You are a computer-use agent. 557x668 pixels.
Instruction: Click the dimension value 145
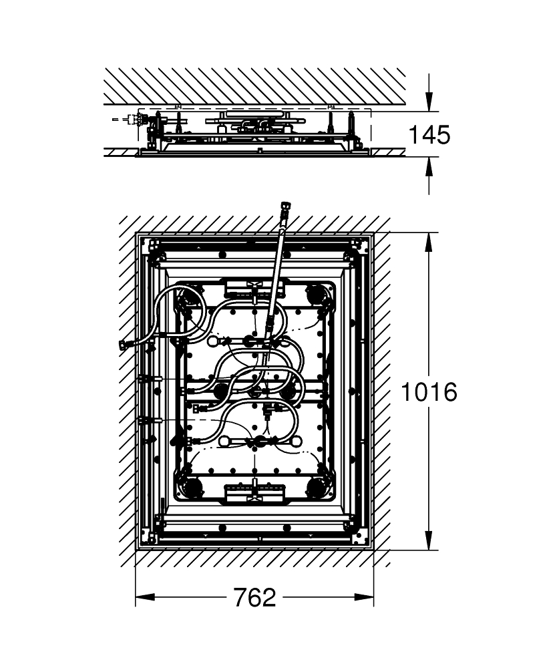coord(429,135)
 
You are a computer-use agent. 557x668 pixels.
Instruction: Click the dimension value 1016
coord(428,391)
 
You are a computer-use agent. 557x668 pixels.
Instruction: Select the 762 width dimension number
coord(254,597)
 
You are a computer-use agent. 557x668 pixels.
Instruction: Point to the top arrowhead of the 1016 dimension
coord(428,241)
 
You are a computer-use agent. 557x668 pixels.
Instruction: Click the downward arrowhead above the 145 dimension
coord(429,102)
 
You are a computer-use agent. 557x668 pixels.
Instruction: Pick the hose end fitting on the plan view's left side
coord(124,345)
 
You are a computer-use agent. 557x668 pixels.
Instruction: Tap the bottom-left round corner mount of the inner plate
coord(192,486)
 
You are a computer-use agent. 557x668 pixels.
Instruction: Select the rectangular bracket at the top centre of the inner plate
coord(254,287)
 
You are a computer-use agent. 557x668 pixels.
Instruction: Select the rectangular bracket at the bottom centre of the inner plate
coord(254,494)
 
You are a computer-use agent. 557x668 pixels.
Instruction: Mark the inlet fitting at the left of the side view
coord(138,121)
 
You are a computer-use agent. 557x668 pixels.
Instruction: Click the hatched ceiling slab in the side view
coord(254,86)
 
